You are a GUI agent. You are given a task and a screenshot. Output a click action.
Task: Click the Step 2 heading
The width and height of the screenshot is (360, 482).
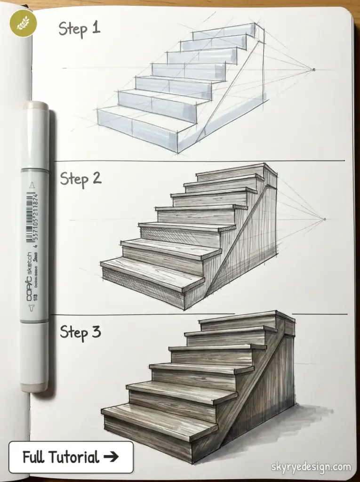pyautogui.click(x=80, y=179)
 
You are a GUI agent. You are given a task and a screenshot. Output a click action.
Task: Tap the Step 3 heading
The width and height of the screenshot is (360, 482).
pyautogui.click(x=80, y=332)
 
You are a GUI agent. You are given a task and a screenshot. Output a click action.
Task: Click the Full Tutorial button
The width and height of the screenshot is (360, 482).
pyautogui.click(x=71, y=457)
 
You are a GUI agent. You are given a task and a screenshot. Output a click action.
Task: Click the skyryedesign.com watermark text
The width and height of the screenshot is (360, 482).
pyautogui.click(x=311, y=467)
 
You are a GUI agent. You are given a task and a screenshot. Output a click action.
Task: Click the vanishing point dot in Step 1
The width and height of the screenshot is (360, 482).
pyautogui.click(x=313, y=70)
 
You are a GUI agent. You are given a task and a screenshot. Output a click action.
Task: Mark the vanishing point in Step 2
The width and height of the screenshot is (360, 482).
pyautogui.click(x=324, y=219)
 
